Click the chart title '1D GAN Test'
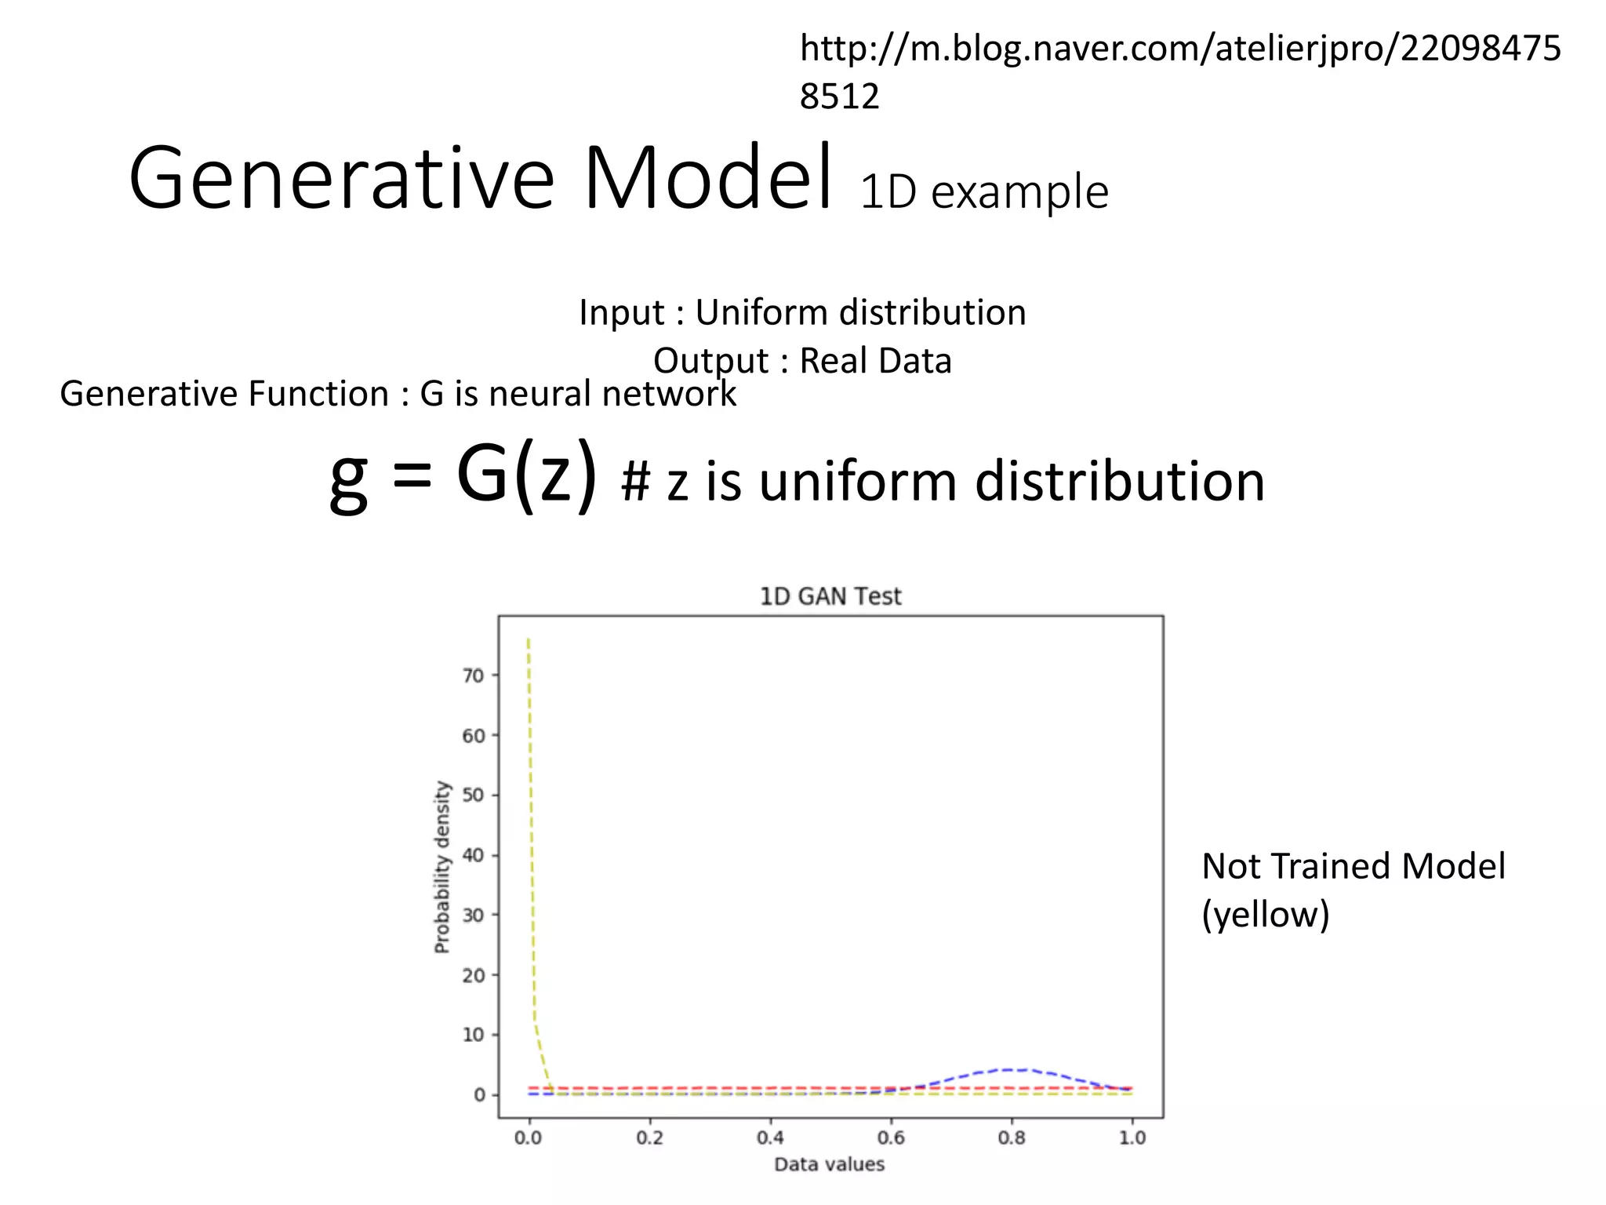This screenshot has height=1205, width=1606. click(830, 597)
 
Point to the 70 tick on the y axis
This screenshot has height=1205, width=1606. click(473, 675)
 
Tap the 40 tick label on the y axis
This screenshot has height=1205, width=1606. click(473, 855)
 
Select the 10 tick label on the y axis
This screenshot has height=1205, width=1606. click(473, 1035)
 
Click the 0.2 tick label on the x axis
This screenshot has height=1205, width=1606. click(650, 1138)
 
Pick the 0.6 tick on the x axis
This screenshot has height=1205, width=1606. click(892, 1138)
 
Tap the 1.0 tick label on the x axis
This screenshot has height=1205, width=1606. click(1132, 1138)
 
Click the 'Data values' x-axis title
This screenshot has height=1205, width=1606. click(829, 1165)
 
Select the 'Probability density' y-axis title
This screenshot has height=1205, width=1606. click(442, 867)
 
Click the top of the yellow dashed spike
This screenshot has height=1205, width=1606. click(529, 639)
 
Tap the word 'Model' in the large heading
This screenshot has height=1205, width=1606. click(707, 178)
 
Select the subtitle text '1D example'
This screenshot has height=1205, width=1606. click(984, 192)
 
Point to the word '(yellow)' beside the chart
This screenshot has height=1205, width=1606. click(1266, 915)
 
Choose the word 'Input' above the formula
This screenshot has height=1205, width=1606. click(622, 313)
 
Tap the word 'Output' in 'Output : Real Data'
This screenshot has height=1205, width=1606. click(710, 362)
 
